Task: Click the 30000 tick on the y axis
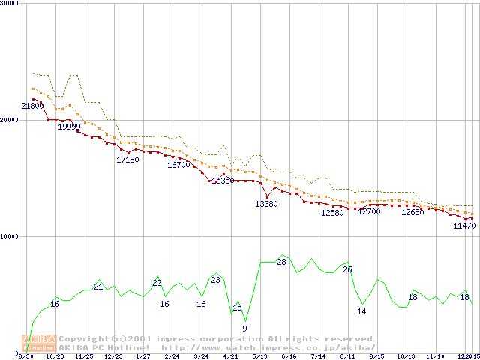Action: [10, 4]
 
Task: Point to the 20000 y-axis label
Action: [10, 120]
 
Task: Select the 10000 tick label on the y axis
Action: [10, 236]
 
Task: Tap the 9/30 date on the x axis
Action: [26, 356]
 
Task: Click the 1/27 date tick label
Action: [143, 356]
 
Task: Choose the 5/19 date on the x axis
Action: [260, 356]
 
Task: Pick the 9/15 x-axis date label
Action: [377, 356]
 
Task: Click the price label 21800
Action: [32, 107]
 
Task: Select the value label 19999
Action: [69, 127]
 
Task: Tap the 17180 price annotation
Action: [127, 160]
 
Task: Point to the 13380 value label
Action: [266, 204]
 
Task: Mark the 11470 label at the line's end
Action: [464, 226]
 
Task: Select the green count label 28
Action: [282, 262]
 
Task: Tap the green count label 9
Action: [244, 328]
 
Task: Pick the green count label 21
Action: [98, 286]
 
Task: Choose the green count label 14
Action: [361, 310]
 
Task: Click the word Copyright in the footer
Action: [85, 338]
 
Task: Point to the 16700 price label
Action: [178, 165]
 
